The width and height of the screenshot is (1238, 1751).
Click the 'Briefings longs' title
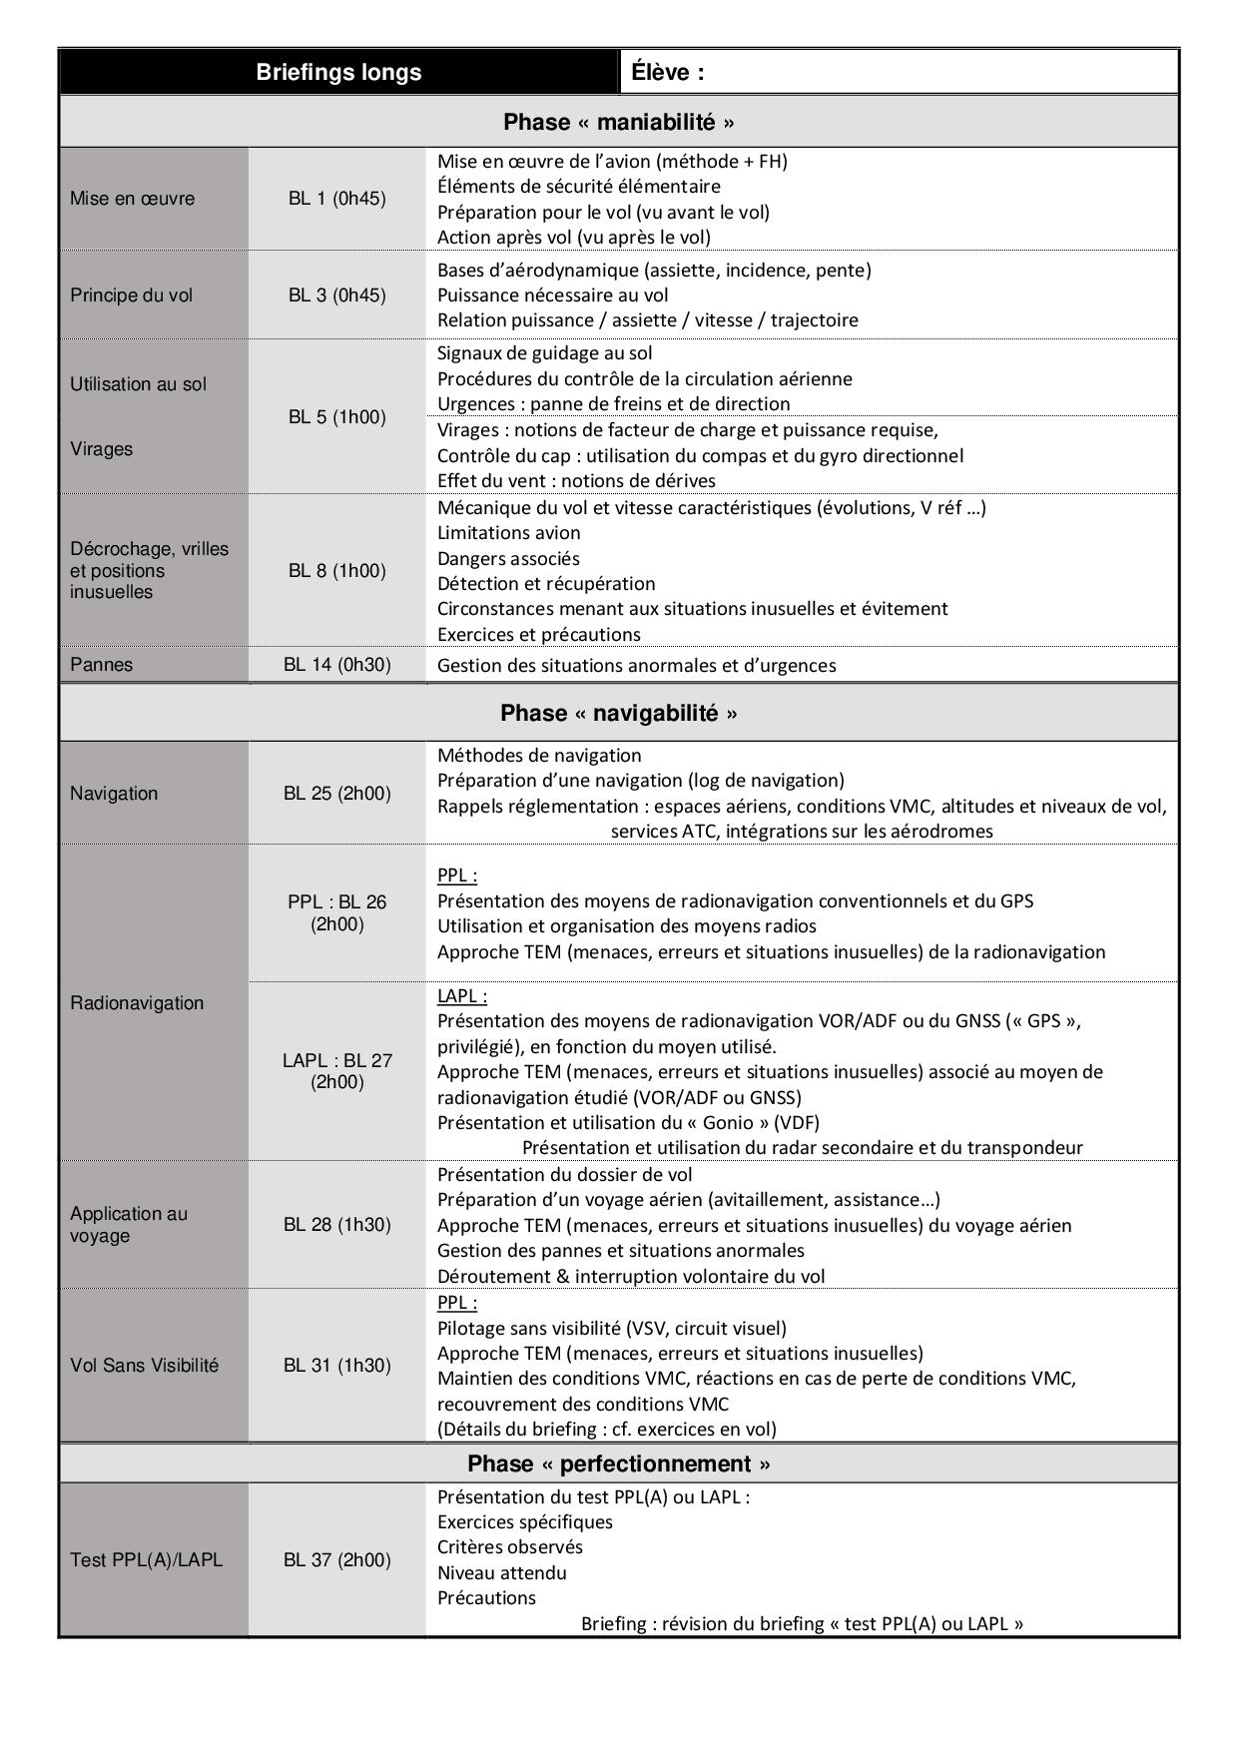(338, 72)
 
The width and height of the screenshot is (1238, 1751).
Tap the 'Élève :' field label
(668, 72)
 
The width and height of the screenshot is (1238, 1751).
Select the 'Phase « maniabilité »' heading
(618, 122)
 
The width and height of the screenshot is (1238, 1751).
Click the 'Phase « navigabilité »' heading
(618, 713)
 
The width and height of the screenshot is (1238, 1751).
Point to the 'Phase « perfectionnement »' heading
(618, 1463)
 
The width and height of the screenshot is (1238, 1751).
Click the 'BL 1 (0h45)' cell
(336, 199)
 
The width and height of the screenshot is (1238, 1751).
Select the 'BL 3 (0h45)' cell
(336, 295)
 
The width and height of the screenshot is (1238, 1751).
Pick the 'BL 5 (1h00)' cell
(336, 417)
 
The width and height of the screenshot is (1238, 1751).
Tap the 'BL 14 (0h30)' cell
(336, 665)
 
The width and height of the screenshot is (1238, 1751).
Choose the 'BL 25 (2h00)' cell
(336, 794)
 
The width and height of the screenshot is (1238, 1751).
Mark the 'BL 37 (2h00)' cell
(336, 1560)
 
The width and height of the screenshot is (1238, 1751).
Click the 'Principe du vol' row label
(131, 295)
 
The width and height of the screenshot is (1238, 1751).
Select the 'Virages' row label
(101, 449)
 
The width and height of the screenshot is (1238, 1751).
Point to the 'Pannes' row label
(101, 665)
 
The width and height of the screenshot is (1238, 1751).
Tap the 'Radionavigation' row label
(137, 1003)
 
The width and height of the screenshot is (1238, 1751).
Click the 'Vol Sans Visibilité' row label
(144, 1366)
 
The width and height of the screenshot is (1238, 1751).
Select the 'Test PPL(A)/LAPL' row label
(146, 1560)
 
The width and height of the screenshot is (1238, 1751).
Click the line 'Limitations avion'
(508, 533)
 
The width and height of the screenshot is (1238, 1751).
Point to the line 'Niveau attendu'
(501, 1573)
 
